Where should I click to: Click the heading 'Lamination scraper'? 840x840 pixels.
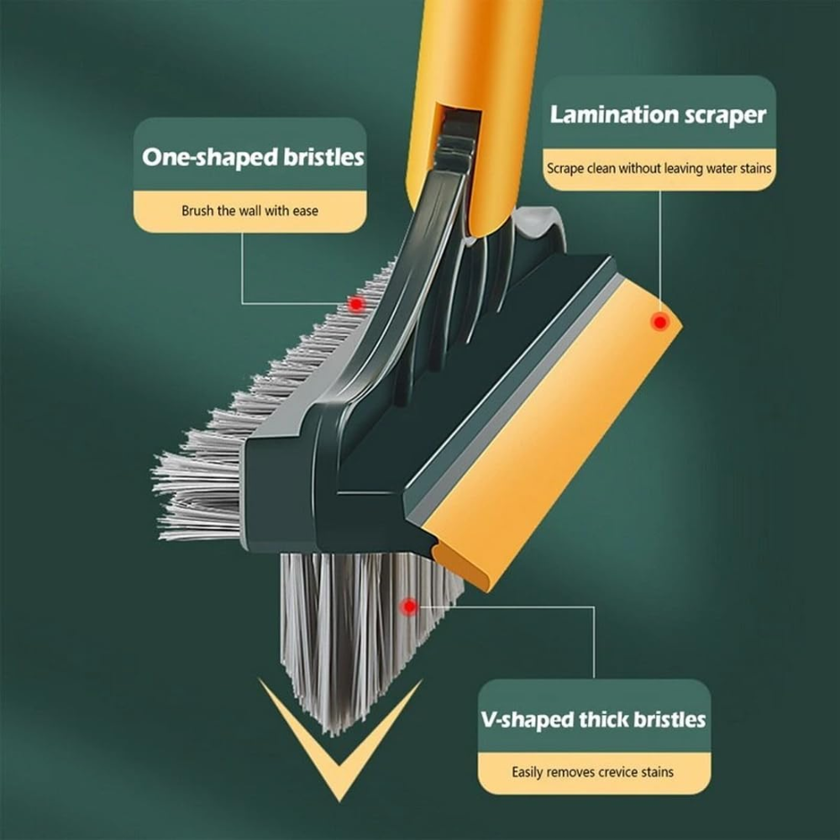pyautogui.click(x=659, y=116)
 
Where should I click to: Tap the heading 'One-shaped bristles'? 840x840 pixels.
pyautogui.click(x=253, y=156)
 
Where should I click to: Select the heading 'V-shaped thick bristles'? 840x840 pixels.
pyautogui.click(x=594, y=719)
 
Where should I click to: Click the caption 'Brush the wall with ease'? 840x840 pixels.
pyautogui.click(x=250, y=210)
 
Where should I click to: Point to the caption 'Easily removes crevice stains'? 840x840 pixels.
pyautogui.click(x=593, y=772)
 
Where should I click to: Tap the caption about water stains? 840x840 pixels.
pyautogui.click(x=659, y=168)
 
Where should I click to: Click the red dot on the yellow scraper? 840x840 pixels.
pyautogui.click(x=660, y=322)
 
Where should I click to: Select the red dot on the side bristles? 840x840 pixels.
pyautogui.click(x=356, y=303)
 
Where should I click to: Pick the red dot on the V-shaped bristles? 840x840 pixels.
pyautogui.click(x=410, y=606)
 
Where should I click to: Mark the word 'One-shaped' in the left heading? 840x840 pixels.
pyautogui.click(x=202, y=156)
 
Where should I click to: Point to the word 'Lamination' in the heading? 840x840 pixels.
pyautogui.click(x=605, y=116)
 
